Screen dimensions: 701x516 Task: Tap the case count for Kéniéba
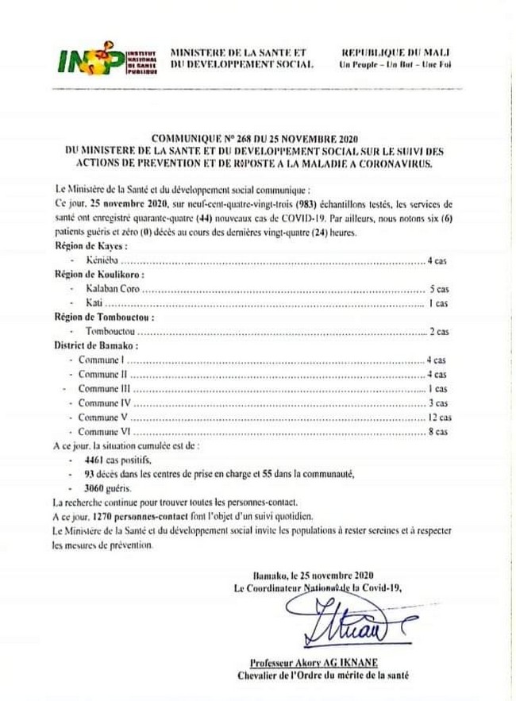pos(438,260)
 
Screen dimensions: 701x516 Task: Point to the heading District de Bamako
pos(96,346)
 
